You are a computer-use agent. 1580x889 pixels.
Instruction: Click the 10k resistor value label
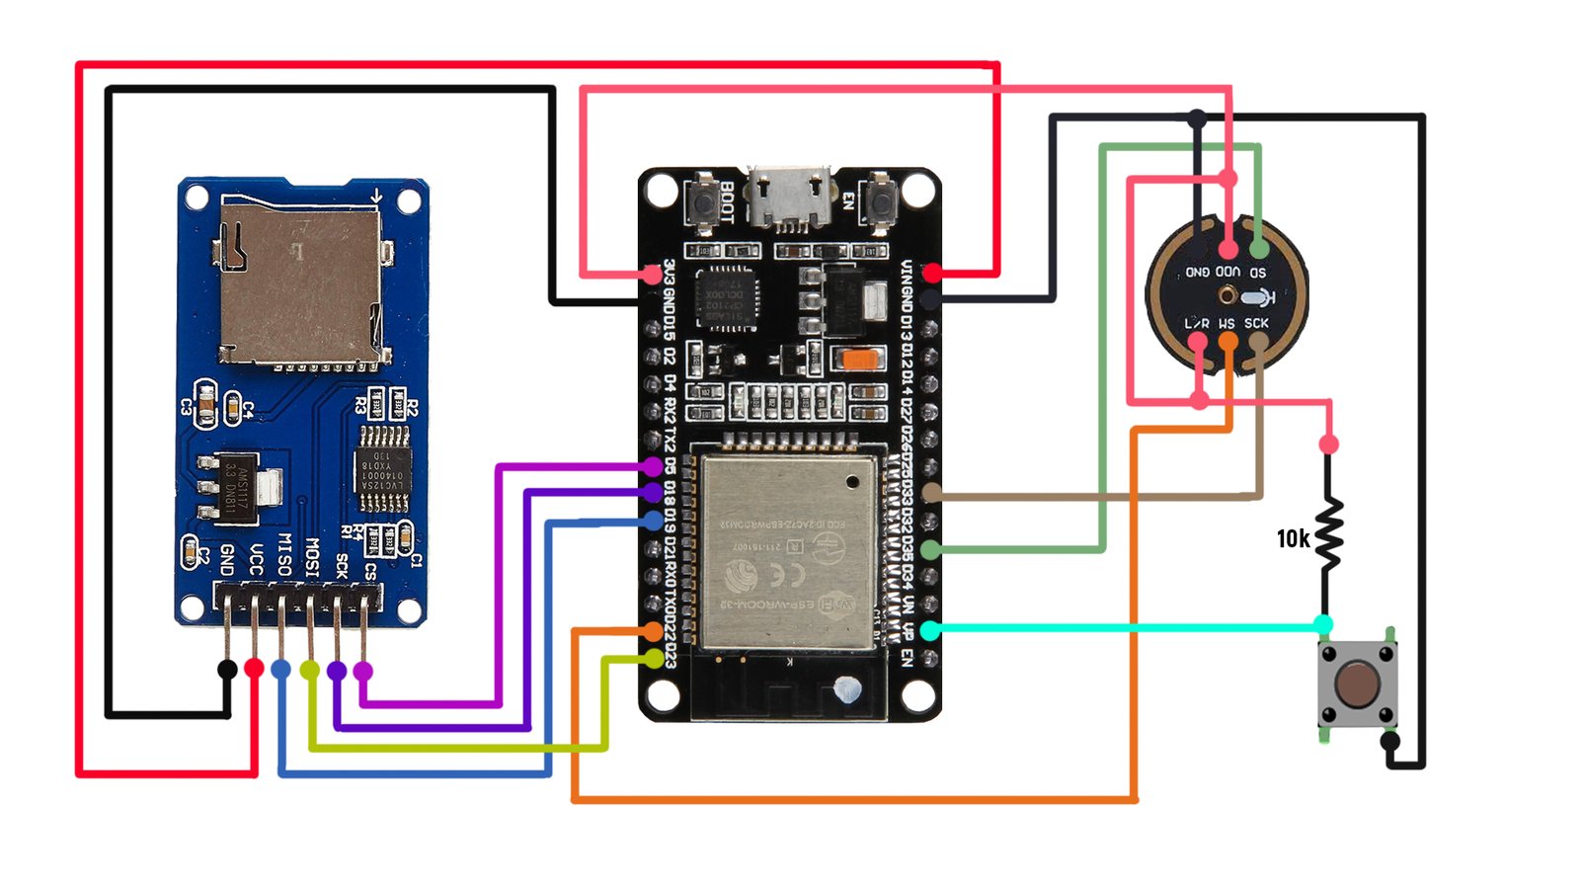(1293, 538)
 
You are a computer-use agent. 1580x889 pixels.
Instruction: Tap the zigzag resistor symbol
(1329, 534)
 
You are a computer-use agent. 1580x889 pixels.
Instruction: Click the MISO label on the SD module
(283, 554)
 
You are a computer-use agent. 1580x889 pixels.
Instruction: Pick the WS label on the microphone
(1226, 323)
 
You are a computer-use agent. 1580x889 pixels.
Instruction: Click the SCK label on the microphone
(1256, 323)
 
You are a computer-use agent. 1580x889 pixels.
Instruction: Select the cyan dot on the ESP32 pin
(930, 629)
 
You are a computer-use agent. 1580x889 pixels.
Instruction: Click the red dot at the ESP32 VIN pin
(932, 273)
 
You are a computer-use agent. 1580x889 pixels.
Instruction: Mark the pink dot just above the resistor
(1329, 444)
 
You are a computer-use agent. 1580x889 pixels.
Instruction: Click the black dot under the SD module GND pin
(227, 670)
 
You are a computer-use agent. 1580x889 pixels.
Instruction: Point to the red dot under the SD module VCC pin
(255, 669)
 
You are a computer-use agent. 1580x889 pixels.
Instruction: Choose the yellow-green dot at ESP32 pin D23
(654, 657)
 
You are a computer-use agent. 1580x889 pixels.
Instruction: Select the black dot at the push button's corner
(1389, 741)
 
